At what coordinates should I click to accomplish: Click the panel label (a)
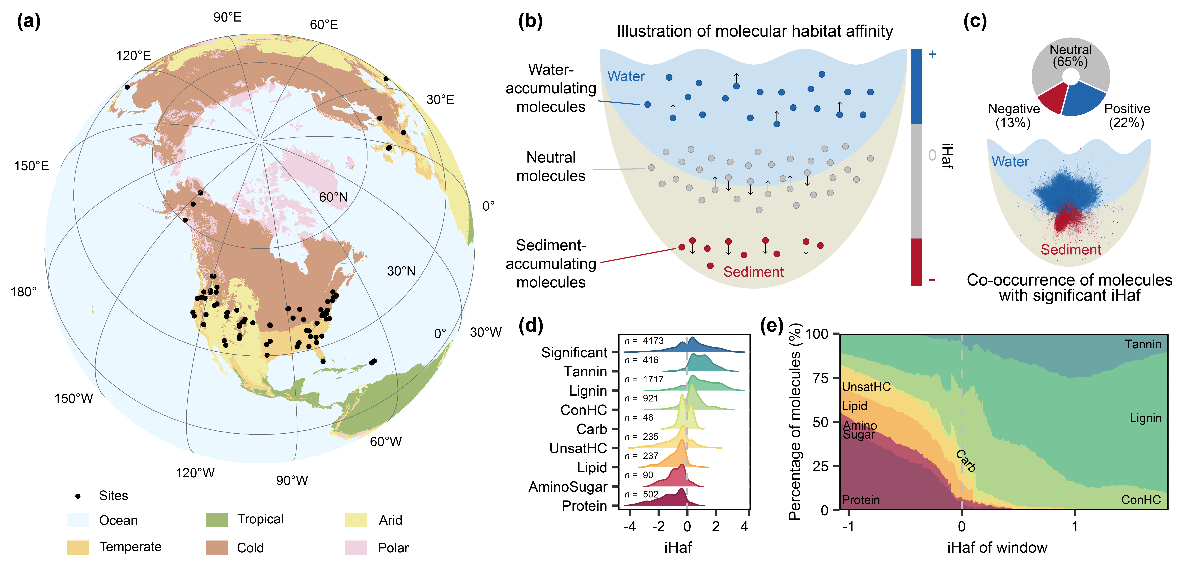pyautogui.click(x=28, y=21)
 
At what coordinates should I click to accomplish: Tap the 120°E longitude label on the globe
pyautogui.click(x=133, y=56)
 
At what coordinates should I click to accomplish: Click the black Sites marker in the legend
pyautogui.click(x=78, y=496)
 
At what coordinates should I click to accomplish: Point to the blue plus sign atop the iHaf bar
pyautogui.click(x=932, y=54)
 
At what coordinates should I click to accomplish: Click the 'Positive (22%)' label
pyautogui.click(x=1127, y=115)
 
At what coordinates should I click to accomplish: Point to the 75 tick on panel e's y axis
pyautogui.click(x=821, y=378)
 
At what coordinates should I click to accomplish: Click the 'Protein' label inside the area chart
pyautogui.click(x=861, y=500)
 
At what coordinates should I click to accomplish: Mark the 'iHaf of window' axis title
pyautogui.click(x=997, y=548)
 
